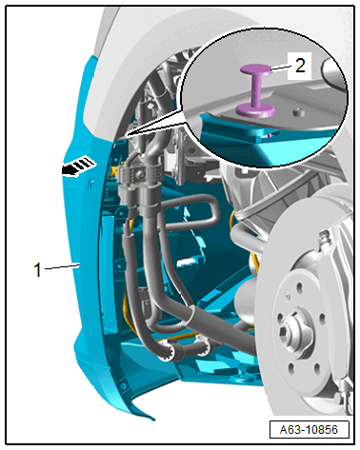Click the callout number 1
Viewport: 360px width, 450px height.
[x=38, y=270]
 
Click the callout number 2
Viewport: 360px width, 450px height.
[x=300, y=66]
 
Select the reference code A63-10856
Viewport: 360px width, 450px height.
[x=309, y=430]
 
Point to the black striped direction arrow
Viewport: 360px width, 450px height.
[x=78, y=166]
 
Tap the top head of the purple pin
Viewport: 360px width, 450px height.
[x=255, y=68]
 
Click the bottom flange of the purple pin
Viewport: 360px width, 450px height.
[x=255, y=109]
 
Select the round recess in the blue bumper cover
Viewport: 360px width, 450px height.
[x=92, y=189]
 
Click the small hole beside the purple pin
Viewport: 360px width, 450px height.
[x=298, y=112]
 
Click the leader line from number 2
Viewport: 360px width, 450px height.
[x=281, y=68]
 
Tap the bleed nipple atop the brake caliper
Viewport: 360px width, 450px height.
[x=324, y=235]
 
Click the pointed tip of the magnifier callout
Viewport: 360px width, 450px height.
[x=126, y=136]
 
